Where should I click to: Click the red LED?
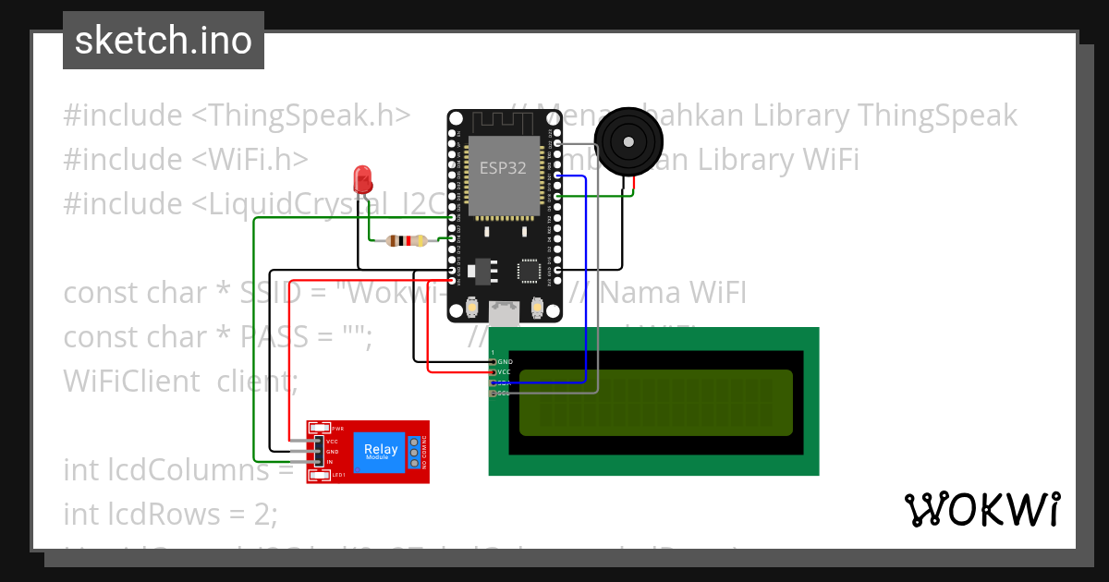point(362,176)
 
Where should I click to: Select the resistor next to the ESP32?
point(407,241)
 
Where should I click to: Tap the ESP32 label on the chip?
point(504,168)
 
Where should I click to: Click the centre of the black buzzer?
point(628,141)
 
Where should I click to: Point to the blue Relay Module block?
point(381,453)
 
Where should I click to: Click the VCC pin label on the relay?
point(332,442)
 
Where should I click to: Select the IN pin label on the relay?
point(329,461)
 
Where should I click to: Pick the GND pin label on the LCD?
point(505,361)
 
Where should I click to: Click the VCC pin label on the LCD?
point(505,371)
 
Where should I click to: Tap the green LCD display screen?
point(656,402)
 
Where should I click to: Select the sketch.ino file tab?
point(164,41)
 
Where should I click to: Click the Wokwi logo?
point(982,509)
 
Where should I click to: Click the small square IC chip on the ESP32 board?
point(530,271)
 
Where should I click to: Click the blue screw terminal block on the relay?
point(414,453)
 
